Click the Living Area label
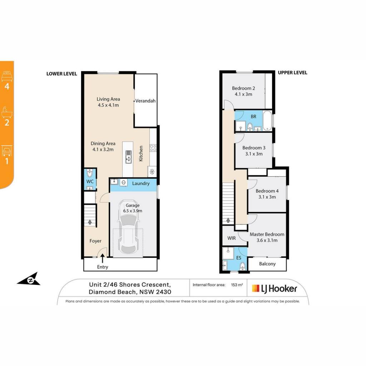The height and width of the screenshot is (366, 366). [108, 99]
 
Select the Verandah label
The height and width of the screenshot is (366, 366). [145, 101]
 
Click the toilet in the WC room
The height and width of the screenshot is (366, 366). [90, 173]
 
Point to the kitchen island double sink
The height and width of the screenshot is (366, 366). [128, 157]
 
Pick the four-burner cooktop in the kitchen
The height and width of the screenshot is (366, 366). [153, 148]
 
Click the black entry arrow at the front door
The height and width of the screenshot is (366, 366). [102, 259]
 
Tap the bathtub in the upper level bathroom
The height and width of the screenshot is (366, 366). [267, 121]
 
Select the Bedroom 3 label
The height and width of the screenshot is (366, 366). [254, 148]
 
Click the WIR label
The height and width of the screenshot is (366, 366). [232, 238]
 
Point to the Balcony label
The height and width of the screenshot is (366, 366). [267, 264]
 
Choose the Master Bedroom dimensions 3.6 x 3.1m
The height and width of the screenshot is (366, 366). [267, 241]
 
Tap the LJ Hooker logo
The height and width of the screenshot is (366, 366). [274, 289]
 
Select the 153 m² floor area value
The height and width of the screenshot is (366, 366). [237, 285]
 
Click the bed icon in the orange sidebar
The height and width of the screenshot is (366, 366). [7, 76]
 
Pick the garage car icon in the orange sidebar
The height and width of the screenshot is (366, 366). [7, 150]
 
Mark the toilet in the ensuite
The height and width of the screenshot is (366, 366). [243, 266]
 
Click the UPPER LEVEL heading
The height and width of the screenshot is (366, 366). [292, 73]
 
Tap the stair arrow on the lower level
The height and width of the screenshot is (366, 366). [90, 222]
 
